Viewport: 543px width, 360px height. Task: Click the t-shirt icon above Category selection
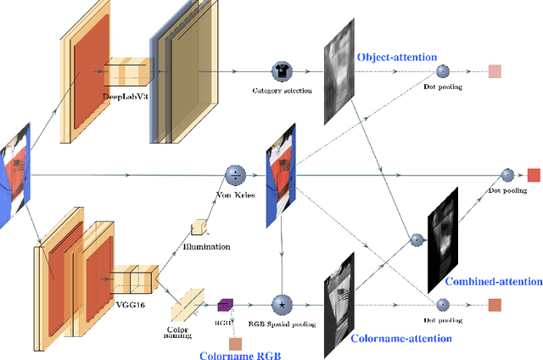281,71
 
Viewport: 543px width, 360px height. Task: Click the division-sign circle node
235,175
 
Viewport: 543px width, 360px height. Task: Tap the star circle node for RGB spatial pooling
281,303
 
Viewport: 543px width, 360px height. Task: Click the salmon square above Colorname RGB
236,343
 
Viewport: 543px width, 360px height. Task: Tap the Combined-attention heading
493,282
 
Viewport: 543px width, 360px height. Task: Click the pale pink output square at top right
495,71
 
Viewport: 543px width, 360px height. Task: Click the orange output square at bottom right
495,305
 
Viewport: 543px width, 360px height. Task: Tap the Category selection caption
281,89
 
